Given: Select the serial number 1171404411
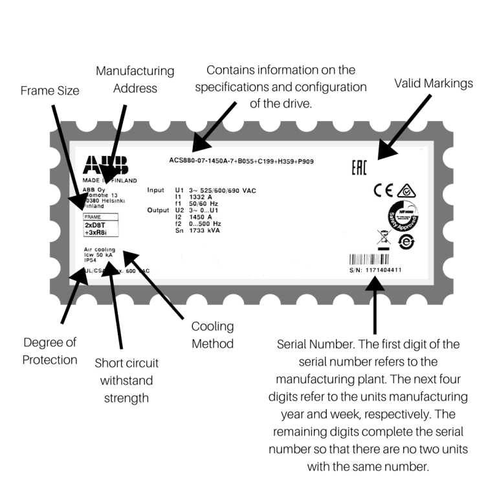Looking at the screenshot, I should [375, 270].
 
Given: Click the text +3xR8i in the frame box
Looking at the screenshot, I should [96, 234].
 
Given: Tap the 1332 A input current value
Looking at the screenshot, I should [201, 197].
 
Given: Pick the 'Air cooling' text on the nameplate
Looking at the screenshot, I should [100, 249].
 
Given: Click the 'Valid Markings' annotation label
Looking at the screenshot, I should [434, 83].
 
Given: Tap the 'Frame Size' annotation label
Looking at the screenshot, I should [49, 91].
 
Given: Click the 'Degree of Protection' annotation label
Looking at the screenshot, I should [50, 351].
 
